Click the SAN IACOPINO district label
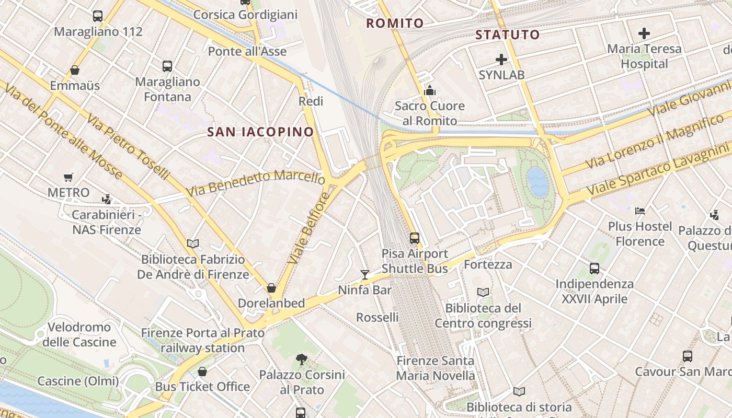point(260,132)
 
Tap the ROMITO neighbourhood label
point(395,24)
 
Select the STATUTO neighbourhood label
point(507,35)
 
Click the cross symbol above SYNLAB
point(501,60)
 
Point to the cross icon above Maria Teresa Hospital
point(644,34)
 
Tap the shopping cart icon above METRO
point(68,178)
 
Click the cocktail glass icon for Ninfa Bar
point(365,274)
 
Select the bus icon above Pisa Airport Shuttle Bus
point(415,238)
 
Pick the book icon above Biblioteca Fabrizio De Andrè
point(193,243)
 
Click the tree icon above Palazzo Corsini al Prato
point(301,359)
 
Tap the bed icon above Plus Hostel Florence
point(639,211)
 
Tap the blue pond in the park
point(537,182)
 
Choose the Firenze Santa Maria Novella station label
point(435,368)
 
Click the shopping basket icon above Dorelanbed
point(271,288)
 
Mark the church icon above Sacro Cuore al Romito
point(430,90)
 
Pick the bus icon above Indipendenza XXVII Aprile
point(594,269)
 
